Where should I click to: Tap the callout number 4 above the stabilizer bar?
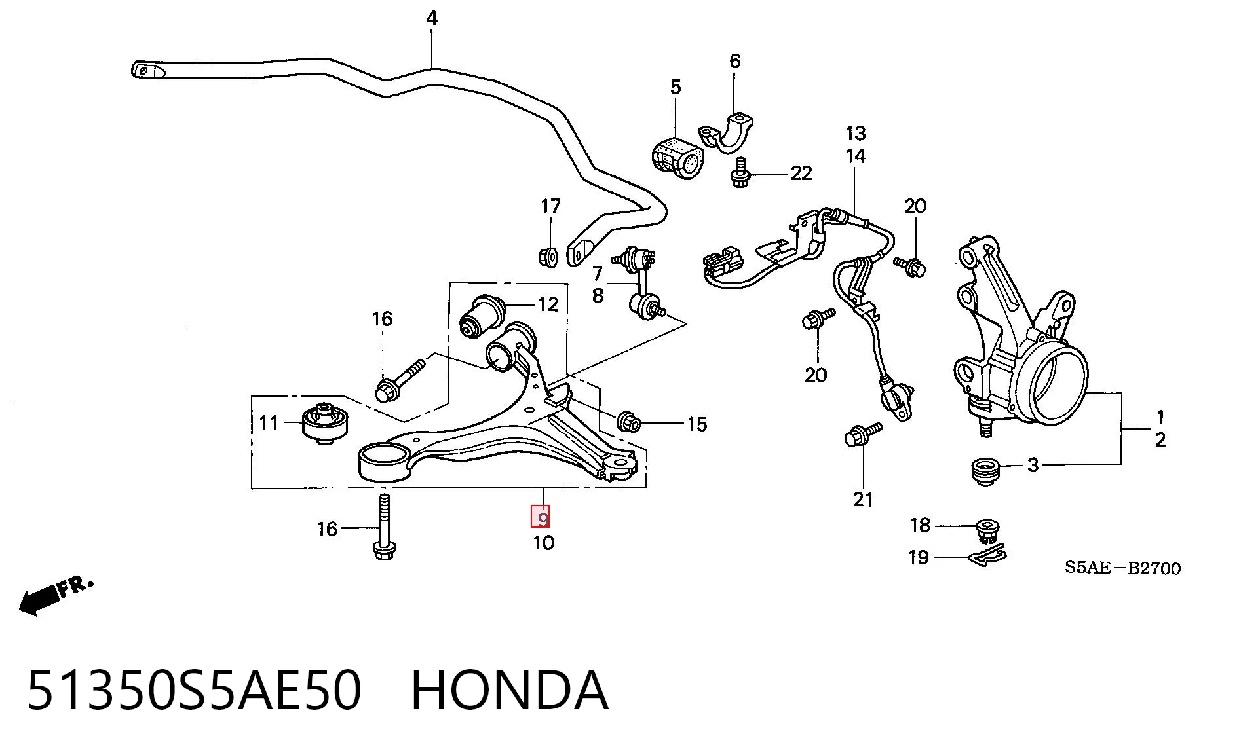[432, 18]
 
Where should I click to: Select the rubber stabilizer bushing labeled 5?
[678, 158]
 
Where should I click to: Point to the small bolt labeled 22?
[740, 173]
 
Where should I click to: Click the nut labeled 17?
[548, 256]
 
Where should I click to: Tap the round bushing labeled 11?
[325, 423]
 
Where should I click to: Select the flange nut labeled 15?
[629, 422]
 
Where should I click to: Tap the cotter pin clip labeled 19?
[987, 556]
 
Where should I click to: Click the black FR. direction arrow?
[56, 596]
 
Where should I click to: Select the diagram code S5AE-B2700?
[1122, 568]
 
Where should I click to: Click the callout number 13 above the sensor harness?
[856, 134]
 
